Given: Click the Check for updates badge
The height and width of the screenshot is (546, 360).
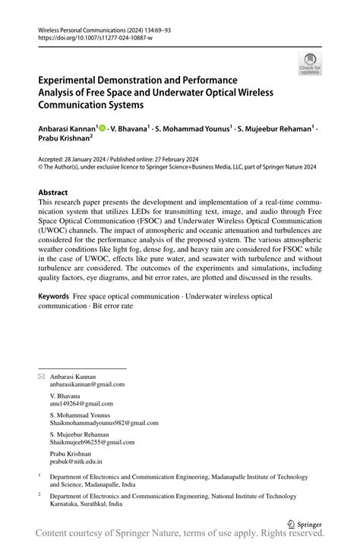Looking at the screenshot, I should click(310, 64).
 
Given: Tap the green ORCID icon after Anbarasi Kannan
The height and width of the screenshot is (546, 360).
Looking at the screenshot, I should click(103, 129).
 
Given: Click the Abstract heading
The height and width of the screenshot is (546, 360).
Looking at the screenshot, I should click(57, 193).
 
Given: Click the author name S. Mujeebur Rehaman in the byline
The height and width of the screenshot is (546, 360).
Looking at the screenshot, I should click(273, 129).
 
